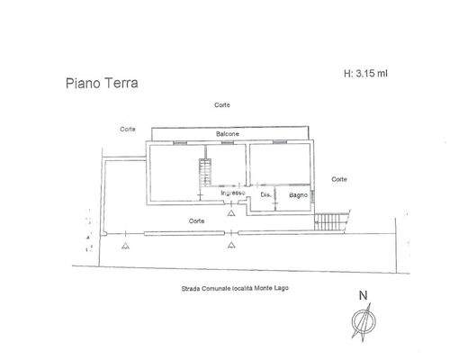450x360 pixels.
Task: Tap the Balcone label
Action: (226, 135)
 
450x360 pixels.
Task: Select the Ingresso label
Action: (233, 193)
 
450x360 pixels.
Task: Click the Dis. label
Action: (266, 194)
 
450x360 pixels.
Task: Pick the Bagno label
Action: (299, 194)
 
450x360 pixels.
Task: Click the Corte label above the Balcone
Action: (221, 105)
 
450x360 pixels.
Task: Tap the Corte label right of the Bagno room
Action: (339, 179)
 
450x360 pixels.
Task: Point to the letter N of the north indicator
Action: (363, 295)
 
